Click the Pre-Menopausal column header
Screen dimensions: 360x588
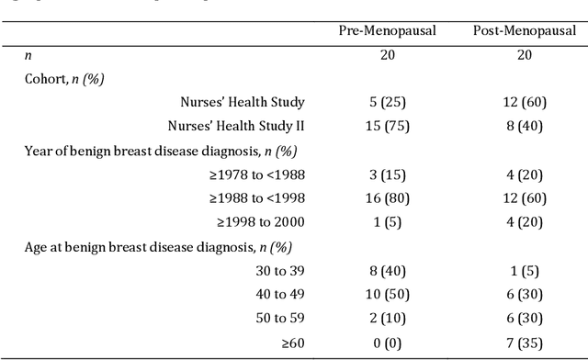pyautogui.click(x=388, y=31)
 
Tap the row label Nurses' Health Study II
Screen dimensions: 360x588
pyautogui.click(x=236, y=126)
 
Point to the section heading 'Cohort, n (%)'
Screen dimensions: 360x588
pyautogui.click(x=64, y=78)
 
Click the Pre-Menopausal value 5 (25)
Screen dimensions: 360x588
pyautogui.click(x=388, y=102)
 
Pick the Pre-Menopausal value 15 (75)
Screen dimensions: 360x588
pyautogui.click(x=388, y=126)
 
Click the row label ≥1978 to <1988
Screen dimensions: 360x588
pyautogui.click(x=256, y=174)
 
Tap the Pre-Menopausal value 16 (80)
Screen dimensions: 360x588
pyautogui.click(x=388, y=197)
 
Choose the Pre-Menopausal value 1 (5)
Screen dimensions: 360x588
pyautogui.click(x=388, y=221)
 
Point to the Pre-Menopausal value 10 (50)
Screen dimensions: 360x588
pyautogui.click(x=388, y=294)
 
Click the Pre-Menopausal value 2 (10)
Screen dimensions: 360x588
pyautogui.click(x=388, y=318)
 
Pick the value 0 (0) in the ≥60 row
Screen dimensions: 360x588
pyautogui.click(x=388, y=342)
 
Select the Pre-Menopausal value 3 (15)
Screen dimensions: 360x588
pyautogui.click(x=388, y=174)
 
